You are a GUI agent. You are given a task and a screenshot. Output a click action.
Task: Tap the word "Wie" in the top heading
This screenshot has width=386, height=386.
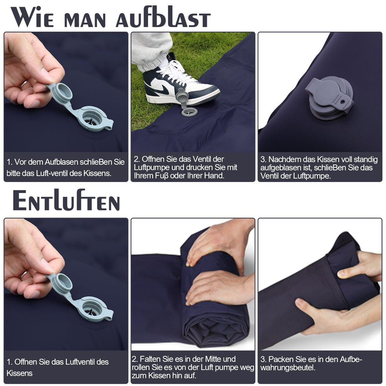tap(32, 17)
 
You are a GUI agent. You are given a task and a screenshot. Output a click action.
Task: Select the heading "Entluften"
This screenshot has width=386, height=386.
tap(66, 201)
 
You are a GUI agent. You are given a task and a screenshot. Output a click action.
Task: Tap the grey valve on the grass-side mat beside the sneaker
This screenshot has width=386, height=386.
tap(188, 111)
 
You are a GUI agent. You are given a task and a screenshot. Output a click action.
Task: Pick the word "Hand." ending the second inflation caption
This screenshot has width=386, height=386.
tap(216, 176)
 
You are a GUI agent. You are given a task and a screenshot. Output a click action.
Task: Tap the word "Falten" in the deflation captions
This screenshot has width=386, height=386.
tap(152, 359)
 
